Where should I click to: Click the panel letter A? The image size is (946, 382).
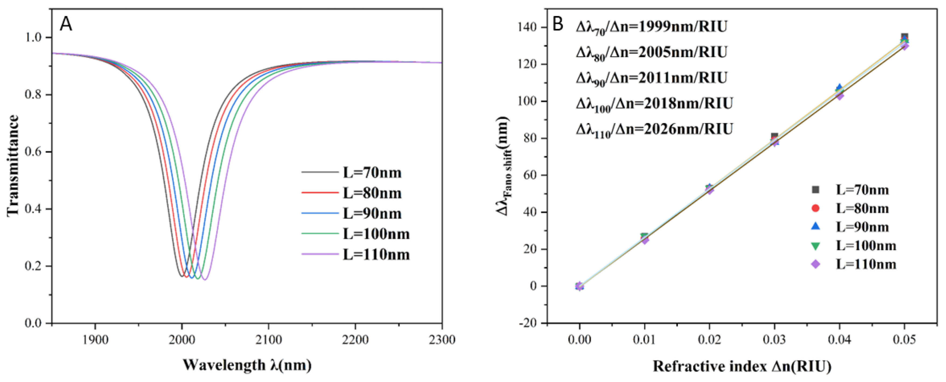pos(66,24)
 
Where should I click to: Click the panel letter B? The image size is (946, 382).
pos(558,24)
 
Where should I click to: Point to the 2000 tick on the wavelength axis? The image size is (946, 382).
pos(182,340)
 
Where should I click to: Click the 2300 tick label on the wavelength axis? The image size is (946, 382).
pos(442,340)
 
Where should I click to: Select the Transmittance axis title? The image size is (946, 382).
pos(13,165)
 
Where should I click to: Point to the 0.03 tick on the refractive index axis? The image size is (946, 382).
pos(774,340)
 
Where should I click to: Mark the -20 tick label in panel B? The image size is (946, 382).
pos(527,323)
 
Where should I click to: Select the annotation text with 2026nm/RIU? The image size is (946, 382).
pos(654,129)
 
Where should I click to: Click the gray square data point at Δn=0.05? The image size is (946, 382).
pos(905,37)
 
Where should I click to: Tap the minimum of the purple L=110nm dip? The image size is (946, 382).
pos(205,280)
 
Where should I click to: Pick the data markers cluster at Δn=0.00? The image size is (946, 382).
pos(580,286)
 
